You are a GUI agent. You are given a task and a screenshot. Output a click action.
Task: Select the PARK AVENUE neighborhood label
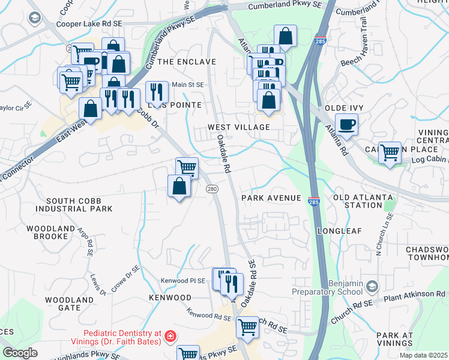point(271,198)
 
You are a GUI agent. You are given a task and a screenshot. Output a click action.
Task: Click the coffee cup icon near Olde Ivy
point(346,125)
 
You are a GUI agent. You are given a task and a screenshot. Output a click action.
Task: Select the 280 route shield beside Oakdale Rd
point(212,189)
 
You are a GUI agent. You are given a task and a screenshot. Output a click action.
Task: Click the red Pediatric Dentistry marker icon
point(171,336)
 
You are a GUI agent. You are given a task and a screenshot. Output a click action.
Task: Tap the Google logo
point(19,353)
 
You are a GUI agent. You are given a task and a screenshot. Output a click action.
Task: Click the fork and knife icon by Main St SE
point(156,91)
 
